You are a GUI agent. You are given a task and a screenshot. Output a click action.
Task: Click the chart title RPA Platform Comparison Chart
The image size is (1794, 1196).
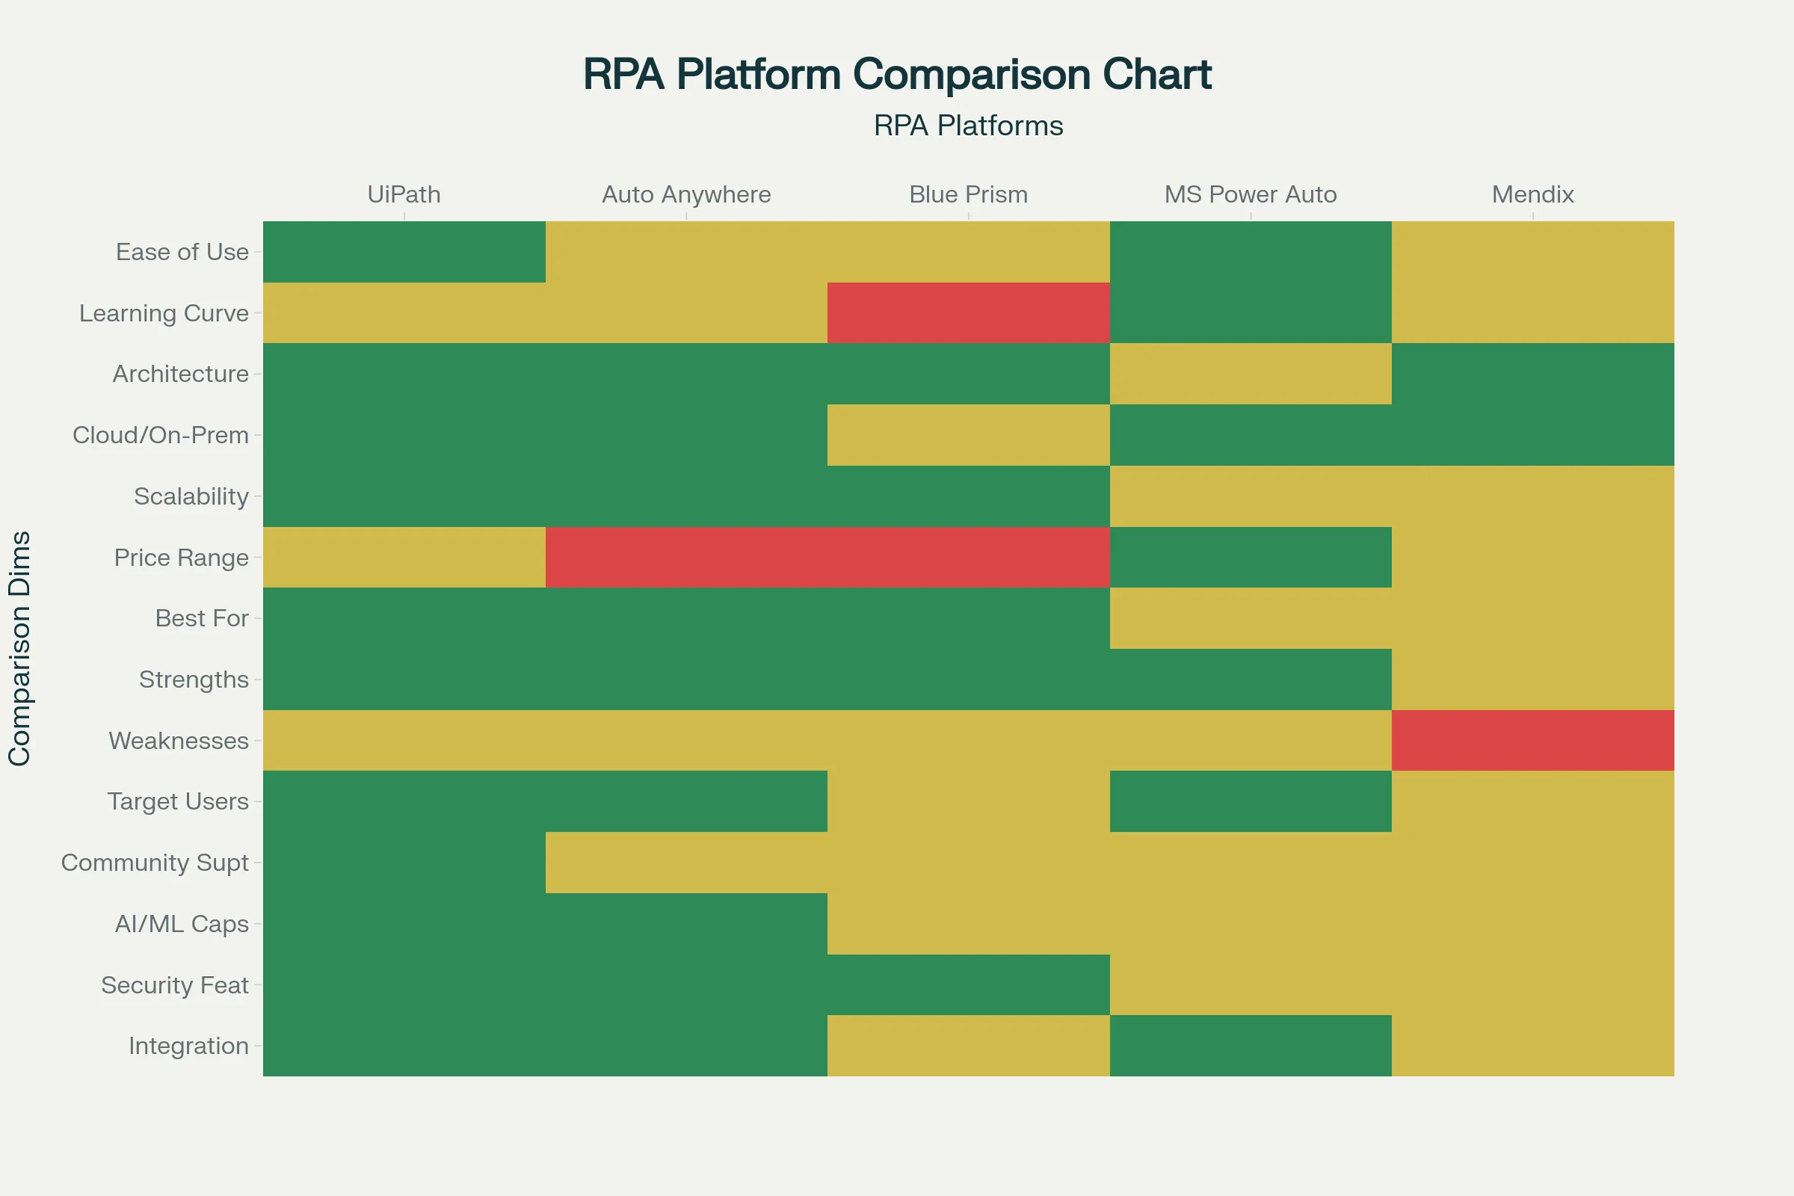point(896,75)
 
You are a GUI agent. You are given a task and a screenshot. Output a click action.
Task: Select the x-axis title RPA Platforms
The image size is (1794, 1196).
point(968,126)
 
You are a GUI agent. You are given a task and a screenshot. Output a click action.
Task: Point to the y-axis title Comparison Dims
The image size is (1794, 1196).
point(20,648)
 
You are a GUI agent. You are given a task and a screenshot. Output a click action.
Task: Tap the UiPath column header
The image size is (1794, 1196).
point(404,194)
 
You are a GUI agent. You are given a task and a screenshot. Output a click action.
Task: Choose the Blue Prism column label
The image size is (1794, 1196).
point(968,194)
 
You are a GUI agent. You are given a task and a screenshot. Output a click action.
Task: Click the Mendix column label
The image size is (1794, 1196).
point(1532,194)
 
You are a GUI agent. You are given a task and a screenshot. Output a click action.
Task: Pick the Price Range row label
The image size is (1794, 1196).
point(181,558)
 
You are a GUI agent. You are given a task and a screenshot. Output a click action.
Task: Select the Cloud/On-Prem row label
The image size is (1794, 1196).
point(160,435)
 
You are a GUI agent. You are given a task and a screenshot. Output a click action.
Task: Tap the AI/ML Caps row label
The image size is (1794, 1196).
point(182,924)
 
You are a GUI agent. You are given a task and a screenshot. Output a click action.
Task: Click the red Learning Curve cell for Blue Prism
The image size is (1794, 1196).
point(968,312)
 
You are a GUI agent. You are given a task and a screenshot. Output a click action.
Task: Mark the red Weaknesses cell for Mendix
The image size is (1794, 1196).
point(1532,740)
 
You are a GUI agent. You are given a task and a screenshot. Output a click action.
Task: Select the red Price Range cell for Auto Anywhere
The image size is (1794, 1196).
point(685,557)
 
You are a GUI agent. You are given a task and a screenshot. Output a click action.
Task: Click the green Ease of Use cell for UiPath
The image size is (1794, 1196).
point(404,252)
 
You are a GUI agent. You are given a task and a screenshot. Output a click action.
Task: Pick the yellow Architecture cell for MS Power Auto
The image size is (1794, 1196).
point(1250,374)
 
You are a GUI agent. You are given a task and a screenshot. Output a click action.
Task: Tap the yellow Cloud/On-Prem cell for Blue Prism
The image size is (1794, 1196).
point(968,435)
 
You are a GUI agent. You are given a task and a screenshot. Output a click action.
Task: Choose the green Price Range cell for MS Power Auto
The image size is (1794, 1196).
point(1250,557)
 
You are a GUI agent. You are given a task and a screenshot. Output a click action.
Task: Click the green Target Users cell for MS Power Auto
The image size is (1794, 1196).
point(1250,801)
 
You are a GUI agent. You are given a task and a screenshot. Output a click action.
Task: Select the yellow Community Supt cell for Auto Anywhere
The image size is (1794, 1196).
point(685,862)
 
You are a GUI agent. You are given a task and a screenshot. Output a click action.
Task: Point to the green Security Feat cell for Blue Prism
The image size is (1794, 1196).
point(968,984)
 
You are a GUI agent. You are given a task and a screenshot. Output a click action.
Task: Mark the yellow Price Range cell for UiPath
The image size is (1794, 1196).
point(404,557)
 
